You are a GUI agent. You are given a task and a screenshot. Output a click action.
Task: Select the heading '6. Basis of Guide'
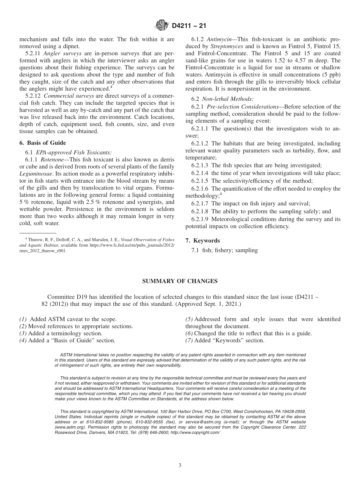42,143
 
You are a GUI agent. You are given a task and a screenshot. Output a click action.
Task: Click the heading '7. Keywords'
202,241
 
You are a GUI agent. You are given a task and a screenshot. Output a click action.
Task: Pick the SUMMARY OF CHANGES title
180,281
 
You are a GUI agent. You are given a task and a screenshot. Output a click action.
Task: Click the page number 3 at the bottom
180,466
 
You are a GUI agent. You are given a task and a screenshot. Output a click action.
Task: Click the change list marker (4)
23,341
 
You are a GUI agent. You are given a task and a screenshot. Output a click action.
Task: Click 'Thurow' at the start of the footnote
35,239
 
